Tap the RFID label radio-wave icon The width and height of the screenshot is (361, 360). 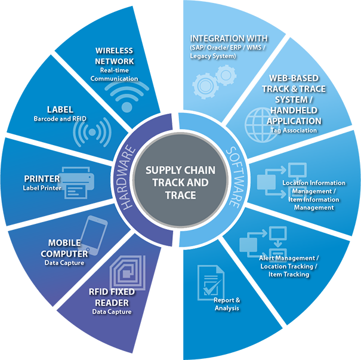(91, 131)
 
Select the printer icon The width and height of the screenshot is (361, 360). (78, 183)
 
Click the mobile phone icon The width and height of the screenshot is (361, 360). (95, 234)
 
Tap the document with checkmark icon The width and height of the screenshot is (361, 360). (210, 281)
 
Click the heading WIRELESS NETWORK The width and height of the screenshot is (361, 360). (115, 56)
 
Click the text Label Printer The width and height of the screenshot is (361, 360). (42, 188)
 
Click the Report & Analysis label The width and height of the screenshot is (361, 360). (227, 304)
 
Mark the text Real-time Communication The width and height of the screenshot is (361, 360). (110, 75)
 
